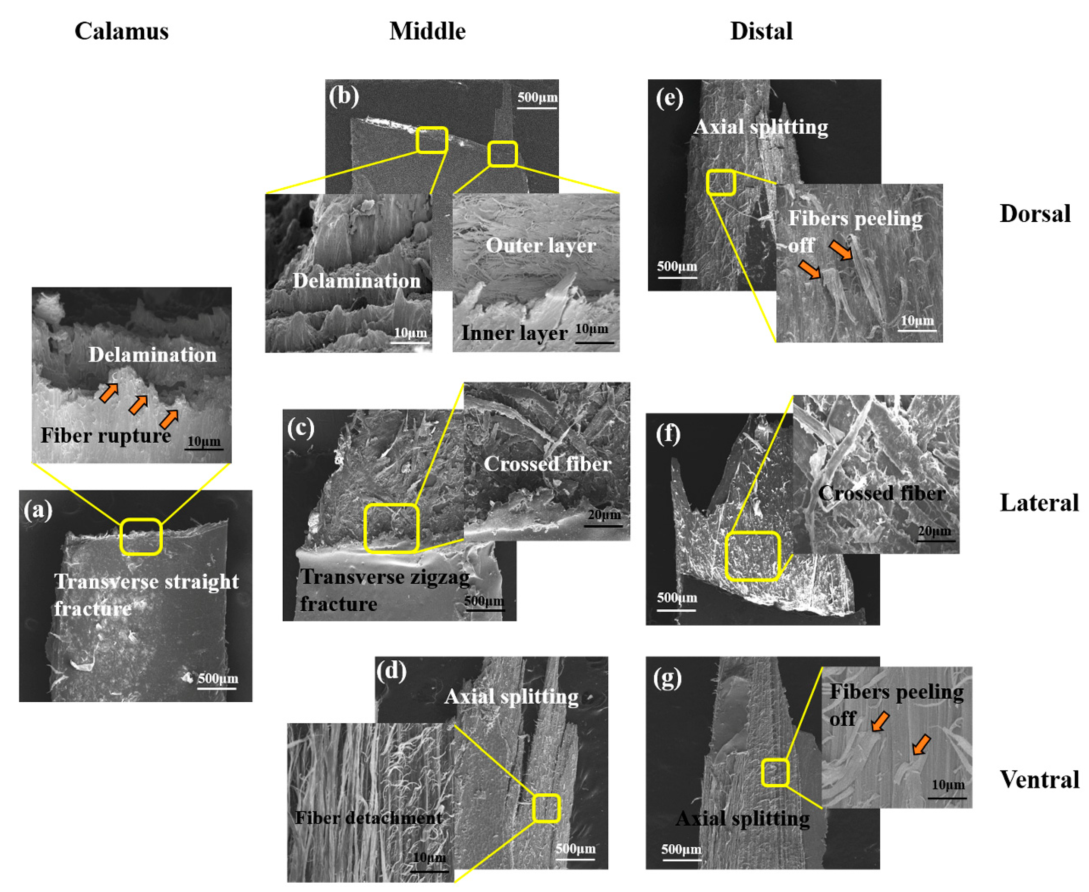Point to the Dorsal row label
1035,213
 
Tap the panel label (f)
668,434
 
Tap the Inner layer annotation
514,333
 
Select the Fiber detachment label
368,818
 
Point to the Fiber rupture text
105,435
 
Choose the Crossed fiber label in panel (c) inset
547,464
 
